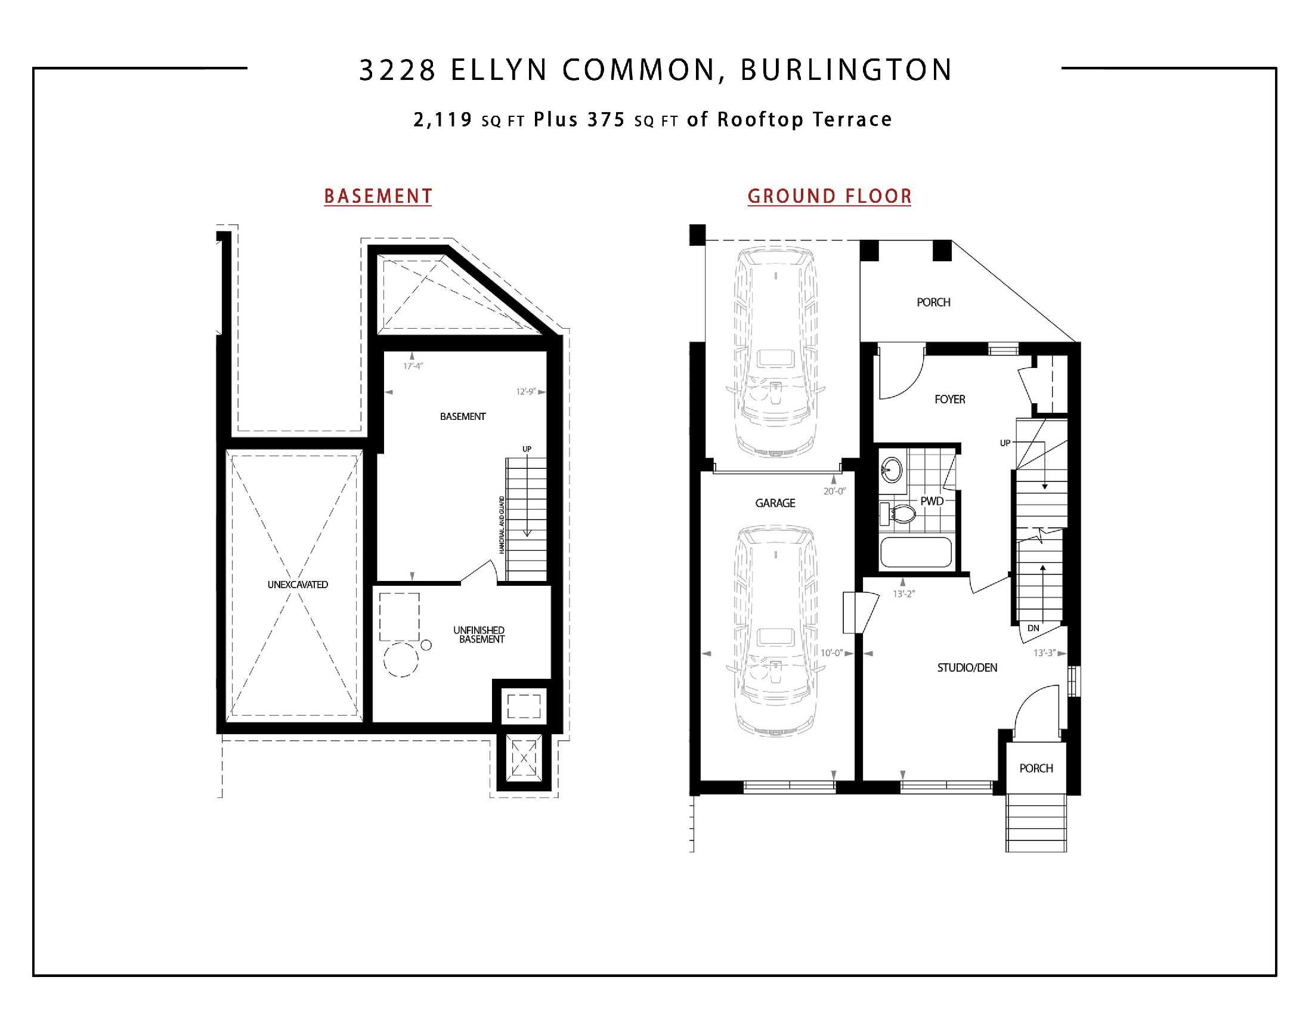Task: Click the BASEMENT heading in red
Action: click(x=378, y=196)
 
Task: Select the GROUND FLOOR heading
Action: click(x=829, y=196)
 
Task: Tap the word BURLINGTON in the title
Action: click(x=846, y=70)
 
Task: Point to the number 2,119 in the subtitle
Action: click(x=443, y=119)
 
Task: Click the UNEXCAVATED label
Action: click(x=298, y=585)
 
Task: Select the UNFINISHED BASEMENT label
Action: click(x=479, y=635)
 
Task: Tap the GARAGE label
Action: click(x=775, y=503)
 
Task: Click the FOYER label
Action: click(x=950, y=400)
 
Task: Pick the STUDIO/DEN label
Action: click(x=967, y=667)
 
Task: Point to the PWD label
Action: click(x=932, y=501)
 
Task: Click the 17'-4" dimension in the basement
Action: click(x=413, y=366)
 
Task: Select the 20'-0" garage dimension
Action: click(x=834, y=491)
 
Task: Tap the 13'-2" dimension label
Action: click(x=903, y=593)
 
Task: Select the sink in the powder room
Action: click(x=892, y=469)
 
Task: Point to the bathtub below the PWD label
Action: click(x=915, y=552)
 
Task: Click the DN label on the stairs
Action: click(x=1033, y=628)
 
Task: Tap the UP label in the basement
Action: click(x=527, y=449)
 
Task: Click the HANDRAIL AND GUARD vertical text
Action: click(x=502, y=524)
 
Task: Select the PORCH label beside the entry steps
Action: click(x=1036, y=768)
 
